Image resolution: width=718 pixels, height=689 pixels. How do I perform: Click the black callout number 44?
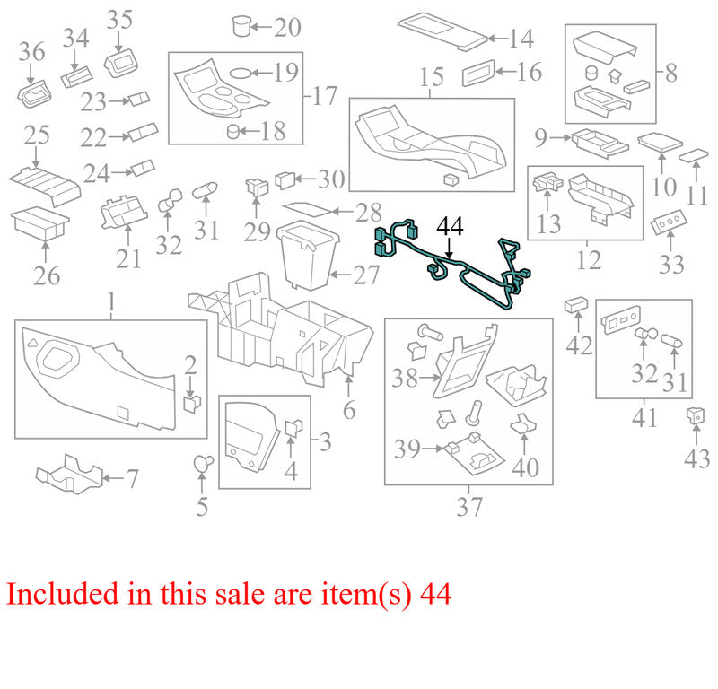click(451, 226)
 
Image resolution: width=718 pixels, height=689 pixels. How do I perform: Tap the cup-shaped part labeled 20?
click(241, 26)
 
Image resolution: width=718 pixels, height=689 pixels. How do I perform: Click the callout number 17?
click(324, 96)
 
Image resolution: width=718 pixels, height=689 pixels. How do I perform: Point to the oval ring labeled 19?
click(240, 73)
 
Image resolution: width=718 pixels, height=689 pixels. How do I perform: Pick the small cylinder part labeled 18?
click(233, 132)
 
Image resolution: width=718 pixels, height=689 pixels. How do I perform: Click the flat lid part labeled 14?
click(443, 31)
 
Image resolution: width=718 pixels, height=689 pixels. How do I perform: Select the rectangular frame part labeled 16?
click(478, 73)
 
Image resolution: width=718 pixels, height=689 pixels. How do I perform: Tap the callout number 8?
click(670, 74)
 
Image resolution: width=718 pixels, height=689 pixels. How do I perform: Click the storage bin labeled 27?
click(308, 255)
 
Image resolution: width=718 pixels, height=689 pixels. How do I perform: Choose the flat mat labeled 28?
click(306, 208)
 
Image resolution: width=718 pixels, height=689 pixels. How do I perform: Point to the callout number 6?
click(349, 410)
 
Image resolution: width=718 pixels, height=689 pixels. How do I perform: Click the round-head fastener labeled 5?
click(204, 462)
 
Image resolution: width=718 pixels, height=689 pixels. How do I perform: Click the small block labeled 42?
click(576, 304)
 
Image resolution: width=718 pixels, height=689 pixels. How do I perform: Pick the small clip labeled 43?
click(695, 415)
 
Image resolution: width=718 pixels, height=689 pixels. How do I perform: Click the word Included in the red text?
click(62, 594)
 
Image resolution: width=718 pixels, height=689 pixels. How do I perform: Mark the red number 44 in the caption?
click(435, 594)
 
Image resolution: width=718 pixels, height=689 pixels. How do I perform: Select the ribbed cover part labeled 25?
click(45, 186)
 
